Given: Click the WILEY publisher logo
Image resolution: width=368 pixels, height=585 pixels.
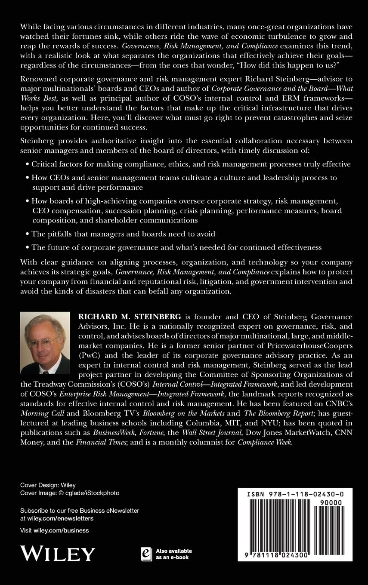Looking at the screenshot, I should click(58, 553).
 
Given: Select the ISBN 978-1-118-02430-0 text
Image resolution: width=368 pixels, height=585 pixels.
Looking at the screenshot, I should click(294, 495).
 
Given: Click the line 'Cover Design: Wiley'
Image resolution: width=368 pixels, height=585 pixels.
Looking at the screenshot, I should click(48, 485).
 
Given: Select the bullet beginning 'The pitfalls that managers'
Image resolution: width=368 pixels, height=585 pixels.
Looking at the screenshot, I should click(123, 234).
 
